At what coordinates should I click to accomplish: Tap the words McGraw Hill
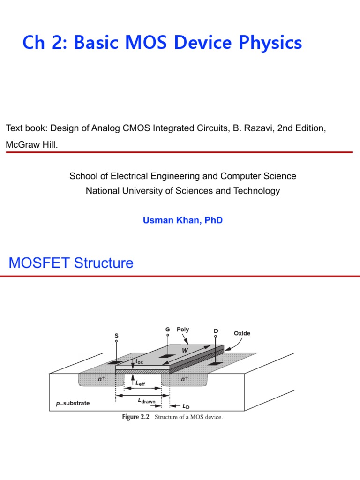[31, 145]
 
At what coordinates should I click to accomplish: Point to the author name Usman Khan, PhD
[183, 220]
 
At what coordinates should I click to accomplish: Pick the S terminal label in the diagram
[116, 336]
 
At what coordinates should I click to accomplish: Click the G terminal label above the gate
[167, 330]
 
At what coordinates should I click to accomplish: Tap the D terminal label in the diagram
[216, 331]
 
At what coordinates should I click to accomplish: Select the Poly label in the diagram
[183, 330]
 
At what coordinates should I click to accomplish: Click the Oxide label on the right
[242, 333]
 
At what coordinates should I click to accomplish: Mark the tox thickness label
[139, 361]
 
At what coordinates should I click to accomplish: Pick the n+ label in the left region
[101, 378]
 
